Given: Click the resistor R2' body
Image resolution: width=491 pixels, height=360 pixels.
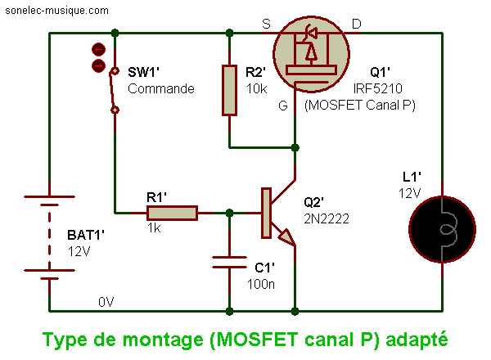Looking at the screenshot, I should pyautogui.click(x=229, y=91).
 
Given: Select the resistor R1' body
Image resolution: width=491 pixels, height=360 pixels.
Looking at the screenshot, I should pyautogui.click(x=172, y=214).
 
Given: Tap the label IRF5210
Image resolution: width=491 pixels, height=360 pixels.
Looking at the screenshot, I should pyautogui.click(x=377, y=88).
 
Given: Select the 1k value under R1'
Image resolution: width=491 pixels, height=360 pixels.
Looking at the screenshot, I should pyautogui.click(x=155, y=229).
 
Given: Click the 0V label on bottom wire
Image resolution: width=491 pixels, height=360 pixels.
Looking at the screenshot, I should pyautogui.click(x=106, y=302).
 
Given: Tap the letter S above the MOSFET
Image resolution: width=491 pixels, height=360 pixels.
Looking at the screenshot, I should pyautogui.click(x=266, y=24).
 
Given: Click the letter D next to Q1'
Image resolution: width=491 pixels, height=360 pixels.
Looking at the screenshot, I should pyautogui.click(x=357, y=24).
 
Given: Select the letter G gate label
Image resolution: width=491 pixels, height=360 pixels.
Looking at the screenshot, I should pyautogui.click(x=282, y=105).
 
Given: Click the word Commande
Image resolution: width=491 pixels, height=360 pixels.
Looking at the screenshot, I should pyautogui.click(x=161, y=88).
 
